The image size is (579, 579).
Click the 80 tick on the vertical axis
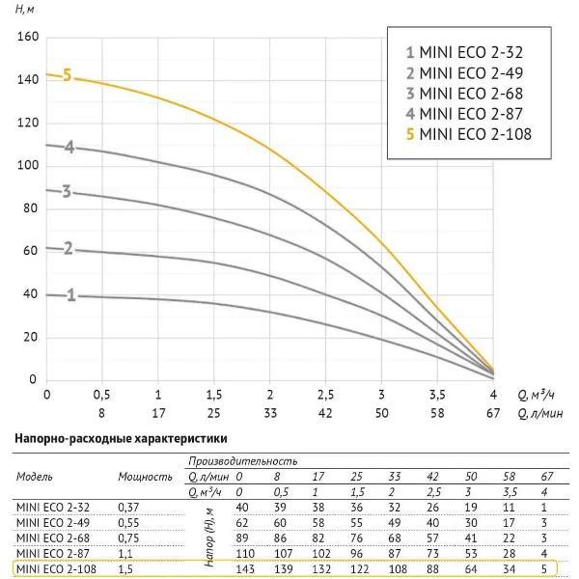pos(30,208)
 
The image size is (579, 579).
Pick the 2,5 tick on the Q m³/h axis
pos(326,395)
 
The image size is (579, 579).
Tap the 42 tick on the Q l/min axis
pos(326,413)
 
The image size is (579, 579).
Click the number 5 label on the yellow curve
pos(68,75)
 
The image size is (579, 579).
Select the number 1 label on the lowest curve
pos(71,295)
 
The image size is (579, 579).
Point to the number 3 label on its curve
pos(67,192)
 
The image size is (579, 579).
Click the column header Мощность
pos(145,477)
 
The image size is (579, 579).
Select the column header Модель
pos(35,477)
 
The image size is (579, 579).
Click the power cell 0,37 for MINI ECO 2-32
pos(128,508)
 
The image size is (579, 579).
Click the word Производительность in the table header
pos(230,461)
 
